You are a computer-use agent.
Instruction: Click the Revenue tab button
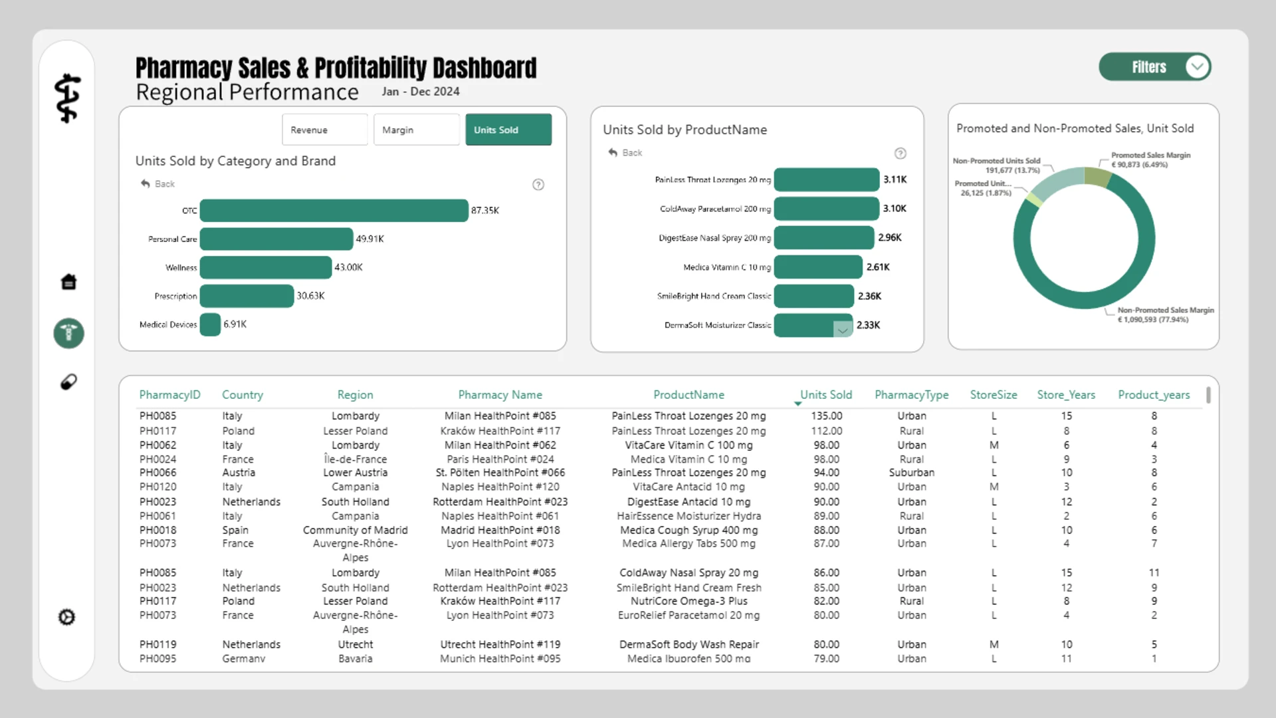click(324, 130)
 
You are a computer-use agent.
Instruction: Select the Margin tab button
click(416, 130)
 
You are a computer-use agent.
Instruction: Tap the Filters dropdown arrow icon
click(1197, 67)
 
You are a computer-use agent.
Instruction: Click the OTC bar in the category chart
click(334, 210)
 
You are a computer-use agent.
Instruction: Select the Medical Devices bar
click(210, 324)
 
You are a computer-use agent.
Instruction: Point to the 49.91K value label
click(370, 239)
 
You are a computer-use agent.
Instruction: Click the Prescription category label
click(175, 296)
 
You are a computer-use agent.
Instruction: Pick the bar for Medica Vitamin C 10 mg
click(818, 267)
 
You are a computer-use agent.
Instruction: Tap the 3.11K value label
click(895, 179)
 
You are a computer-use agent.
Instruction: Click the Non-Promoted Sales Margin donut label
click(1166, 314)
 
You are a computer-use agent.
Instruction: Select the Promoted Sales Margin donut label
click(1150, 160)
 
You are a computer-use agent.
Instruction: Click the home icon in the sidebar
click(68, 282)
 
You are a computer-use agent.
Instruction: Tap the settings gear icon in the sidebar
click(67, 617)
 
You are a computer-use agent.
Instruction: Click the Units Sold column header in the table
click(825, 395)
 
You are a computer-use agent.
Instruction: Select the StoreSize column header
click(994, 395)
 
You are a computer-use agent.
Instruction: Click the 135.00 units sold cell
click(826, 416)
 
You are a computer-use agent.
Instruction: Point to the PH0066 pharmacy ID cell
click(158, 473)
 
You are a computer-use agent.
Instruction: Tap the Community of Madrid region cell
click(355, 530)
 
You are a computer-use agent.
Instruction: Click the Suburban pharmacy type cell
click(912, 473)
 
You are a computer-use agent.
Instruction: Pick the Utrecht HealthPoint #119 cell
click(500, 644)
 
